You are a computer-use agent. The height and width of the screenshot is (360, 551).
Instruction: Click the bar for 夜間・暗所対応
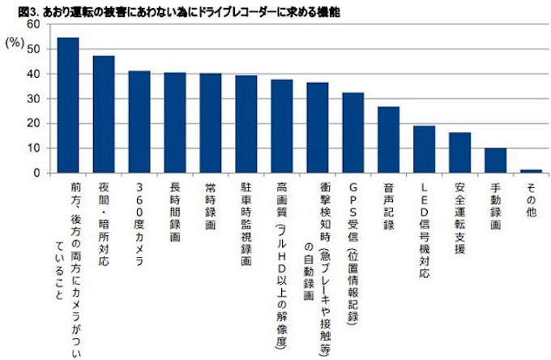104,114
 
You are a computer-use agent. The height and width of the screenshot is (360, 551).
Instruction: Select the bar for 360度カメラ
139,122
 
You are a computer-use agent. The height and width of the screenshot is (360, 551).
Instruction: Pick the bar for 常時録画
211,123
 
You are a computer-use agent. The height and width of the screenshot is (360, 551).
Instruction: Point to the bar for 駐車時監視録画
246,124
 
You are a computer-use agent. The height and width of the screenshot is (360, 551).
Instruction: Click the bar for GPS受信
353,133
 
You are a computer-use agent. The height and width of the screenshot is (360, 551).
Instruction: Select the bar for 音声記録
389,139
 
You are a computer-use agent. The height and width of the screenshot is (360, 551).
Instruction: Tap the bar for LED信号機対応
424,149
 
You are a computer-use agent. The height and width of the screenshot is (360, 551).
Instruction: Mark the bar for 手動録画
495,161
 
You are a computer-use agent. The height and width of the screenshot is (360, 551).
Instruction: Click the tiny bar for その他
531,171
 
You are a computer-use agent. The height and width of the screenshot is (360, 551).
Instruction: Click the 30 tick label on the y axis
33,99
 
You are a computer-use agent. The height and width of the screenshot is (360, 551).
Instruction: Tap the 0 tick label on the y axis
36,173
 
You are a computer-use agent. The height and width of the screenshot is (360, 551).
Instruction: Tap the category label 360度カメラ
139,209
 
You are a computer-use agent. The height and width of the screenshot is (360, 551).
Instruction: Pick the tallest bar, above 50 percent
68,105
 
